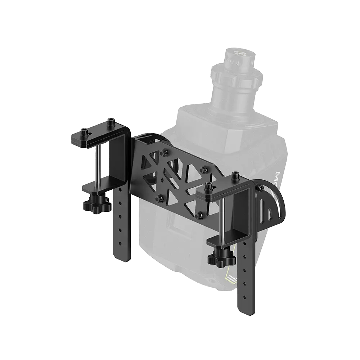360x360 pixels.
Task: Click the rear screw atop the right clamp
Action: [x=236, y=176]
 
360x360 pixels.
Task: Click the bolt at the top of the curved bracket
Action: [x=260, y=188]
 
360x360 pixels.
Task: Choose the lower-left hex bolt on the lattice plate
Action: [x=159, y=197]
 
